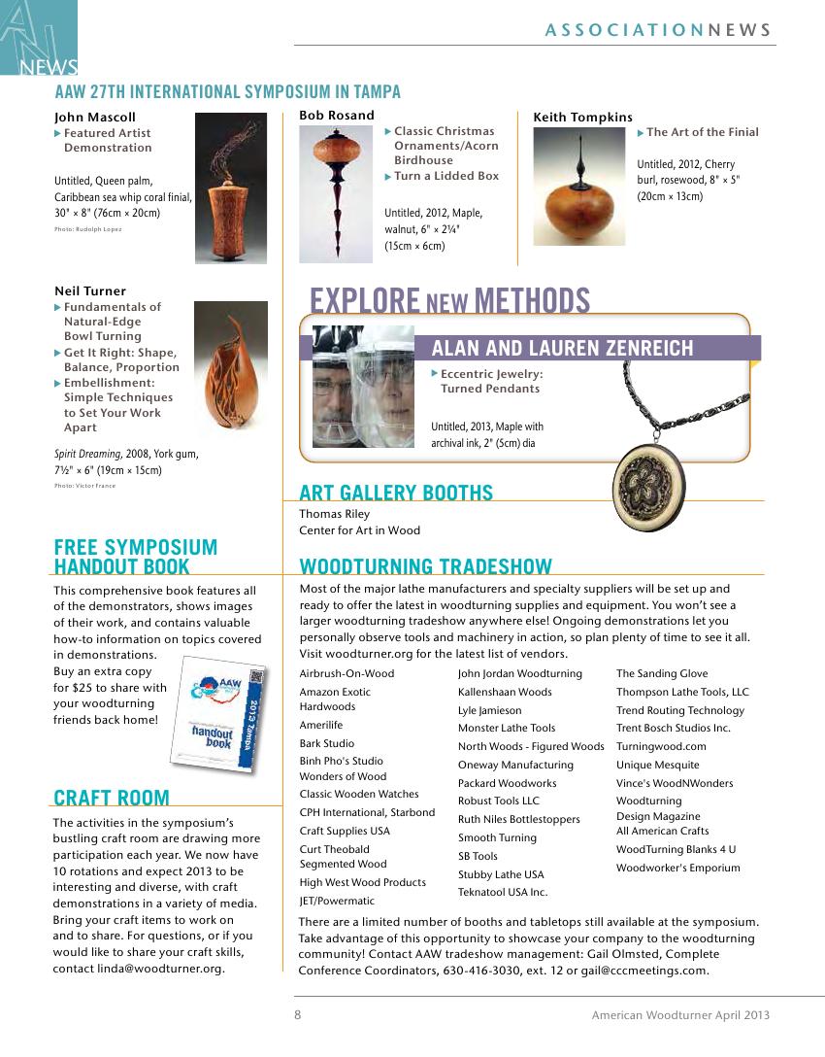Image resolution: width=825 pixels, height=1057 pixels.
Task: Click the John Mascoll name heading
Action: coord(95,118)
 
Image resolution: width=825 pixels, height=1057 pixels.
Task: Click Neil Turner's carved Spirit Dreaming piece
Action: coord(230,366)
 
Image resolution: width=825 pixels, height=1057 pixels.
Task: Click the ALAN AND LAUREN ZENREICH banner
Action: coord(562,348)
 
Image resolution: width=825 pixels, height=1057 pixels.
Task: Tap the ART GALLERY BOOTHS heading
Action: coord(396,493)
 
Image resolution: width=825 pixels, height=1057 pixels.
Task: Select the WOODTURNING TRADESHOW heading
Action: coord(425,566)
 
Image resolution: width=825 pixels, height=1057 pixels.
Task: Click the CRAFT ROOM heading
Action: coord(112,799)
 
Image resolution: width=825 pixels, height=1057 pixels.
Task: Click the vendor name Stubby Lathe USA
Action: coord(501,874)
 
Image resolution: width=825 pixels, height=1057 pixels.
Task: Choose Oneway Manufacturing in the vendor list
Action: coord(515,765)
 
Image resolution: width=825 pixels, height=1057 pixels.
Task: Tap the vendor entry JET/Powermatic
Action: coord(337,901)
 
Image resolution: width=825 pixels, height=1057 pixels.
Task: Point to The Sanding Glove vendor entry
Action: coord(662,673)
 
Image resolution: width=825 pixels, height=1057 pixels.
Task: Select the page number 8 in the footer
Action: coord(298,1014)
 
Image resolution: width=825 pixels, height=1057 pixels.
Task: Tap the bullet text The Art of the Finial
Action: coord(702,132)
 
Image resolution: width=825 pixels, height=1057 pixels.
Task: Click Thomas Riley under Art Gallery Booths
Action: coord(334,514)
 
